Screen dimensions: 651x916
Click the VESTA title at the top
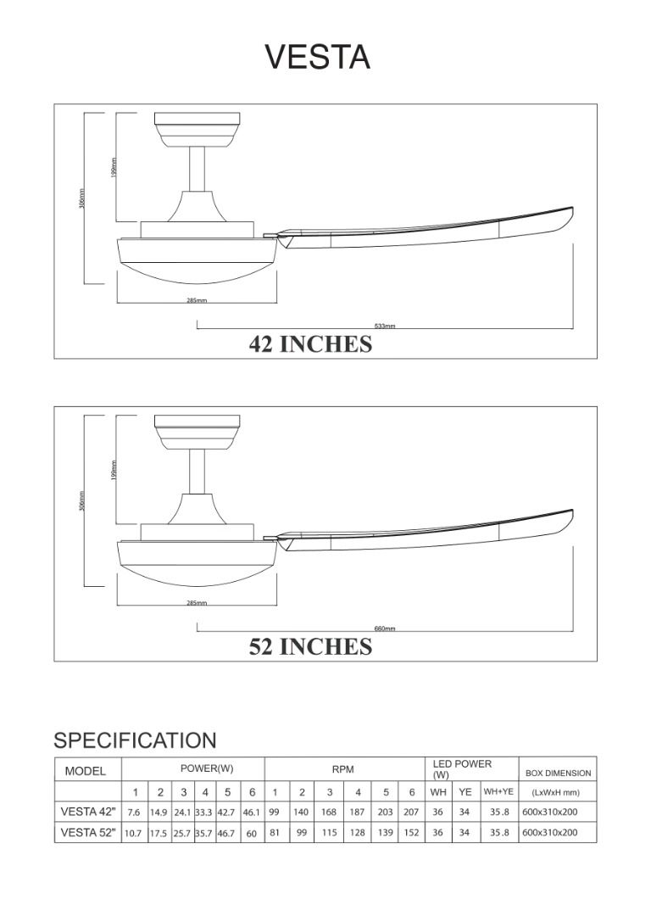[318, 58]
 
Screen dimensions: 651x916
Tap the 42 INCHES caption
[310, 344]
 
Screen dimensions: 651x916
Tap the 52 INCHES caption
[310, 646]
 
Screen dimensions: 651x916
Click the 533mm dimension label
[385, 326]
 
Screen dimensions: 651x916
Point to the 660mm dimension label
[385, 628]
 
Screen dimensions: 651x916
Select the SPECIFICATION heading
[135, 740]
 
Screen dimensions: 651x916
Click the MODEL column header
[86, 771]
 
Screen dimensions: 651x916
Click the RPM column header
[342, 769]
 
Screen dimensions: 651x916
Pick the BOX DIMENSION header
[558, 773]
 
